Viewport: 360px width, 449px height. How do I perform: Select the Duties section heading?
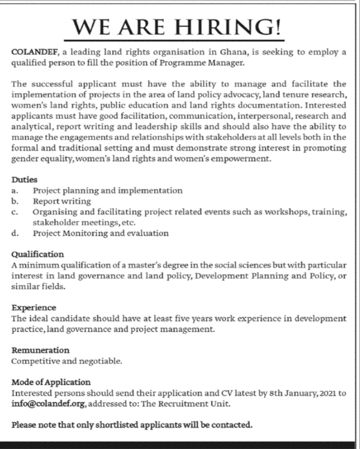coord(24,179)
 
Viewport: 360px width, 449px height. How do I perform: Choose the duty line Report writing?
coord(62,201)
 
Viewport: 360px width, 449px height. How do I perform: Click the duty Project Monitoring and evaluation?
coord(101,233)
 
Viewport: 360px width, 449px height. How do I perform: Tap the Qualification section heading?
coord(38,254)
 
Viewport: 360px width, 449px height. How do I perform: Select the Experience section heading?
coord(34,307)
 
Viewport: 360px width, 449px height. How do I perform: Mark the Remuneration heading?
coord(40,350)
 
